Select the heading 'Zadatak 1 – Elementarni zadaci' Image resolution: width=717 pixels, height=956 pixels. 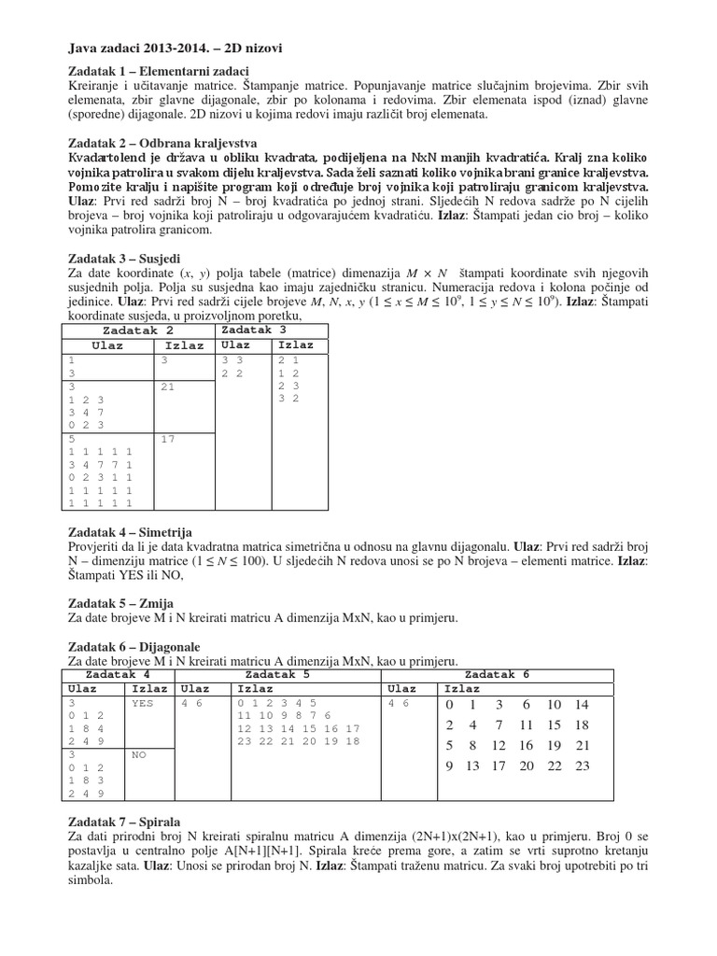160,72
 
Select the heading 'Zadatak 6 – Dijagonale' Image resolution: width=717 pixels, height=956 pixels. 134,646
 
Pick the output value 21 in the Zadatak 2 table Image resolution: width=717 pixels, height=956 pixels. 168,386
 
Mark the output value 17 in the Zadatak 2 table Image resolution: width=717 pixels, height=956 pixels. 168,440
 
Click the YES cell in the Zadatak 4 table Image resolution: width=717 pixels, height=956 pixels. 143,703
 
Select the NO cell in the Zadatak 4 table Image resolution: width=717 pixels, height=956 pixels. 139,752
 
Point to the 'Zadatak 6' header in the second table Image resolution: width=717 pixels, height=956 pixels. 497,674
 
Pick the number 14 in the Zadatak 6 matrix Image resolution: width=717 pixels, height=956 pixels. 582,705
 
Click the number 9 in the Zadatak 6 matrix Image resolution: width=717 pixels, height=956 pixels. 449,766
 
